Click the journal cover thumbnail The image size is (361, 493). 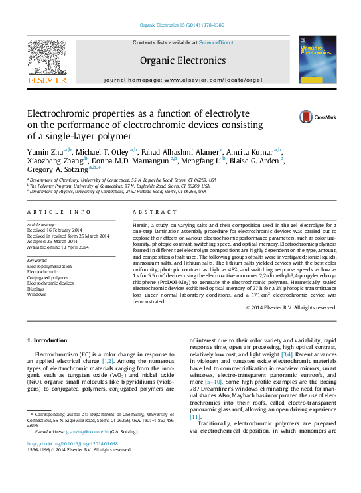click(x=317, y=59)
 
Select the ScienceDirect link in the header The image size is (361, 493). click(x=216, y=42)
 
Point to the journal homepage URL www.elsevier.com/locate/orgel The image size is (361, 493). click(x=212, y=80)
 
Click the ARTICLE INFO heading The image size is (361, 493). click(x=59, y=212)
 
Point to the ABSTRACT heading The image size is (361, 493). click(x=151, y=212)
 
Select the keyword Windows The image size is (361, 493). click(x=36, y=294)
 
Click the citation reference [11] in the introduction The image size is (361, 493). click(x=194, y=416)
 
